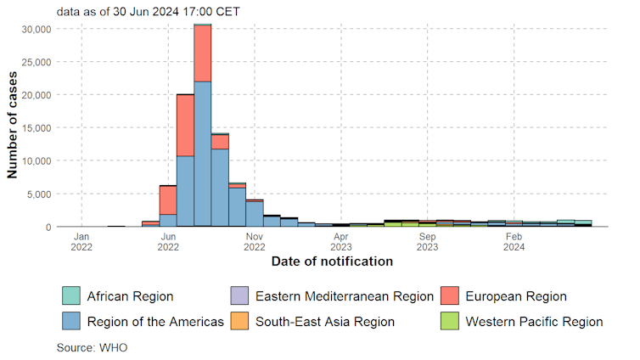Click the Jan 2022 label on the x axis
pyautogui.click(x=81, y=242)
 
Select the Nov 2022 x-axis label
pyautogui.click(x=255, y=242)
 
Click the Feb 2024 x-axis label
pyautogui.click(x=514, y=242)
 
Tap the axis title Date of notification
pyautogui.click(x=332, y=262)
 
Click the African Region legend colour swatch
pyautogui.click(x=70, y=296)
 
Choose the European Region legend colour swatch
pyautogui.click(x=450, y=296)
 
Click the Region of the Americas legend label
pyautogui.click(x=155, y=321)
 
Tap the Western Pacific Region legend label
pyautogui.click(x=534, y=321)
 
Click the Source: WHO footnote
pyautogui.click(x=92, y=347)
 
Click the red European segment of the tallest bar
pyautogui.click(x=203, y=53)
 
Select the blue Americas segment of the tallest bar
pyautogui.click(x=203, y=153)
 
